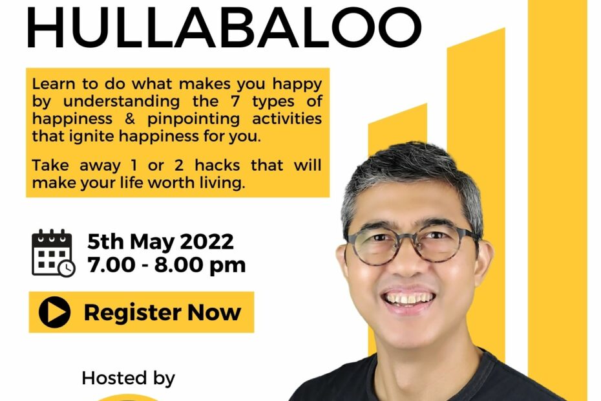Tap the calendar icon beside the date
pyautogui.click(x=53, y=253)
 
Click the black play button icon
pyautogui.click(x=54, y=312)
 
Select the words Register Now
pyautogui.click(x=162, y=312)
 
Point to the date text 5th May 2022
pyautogui.click(x=160, y=241)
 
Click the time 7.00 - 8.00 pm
pyautogui.click(x=166, y=265)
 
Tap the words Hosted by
pyautogui.click(x=129, y=378)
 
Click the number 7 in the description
pyautogui.click(x=235, y=101)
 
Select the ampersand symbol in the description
pyautogui.click(x=130, y=118)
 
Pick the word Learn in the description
pyautogui.click(x=54, y=83)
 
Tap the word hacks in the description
pyautogui.click(x=217, y=165)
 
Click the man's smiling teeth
pyautogui.click(x=408, y=298)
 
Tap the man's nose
pyautogui.click(x=407, y=266)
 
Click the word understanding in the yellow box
pyautogui.click(x=121, y=102)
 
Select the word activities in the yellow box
pyautogui.click(x=287, y=118)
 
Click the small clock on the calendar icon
pyautogui.click(x=67, y=268)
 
